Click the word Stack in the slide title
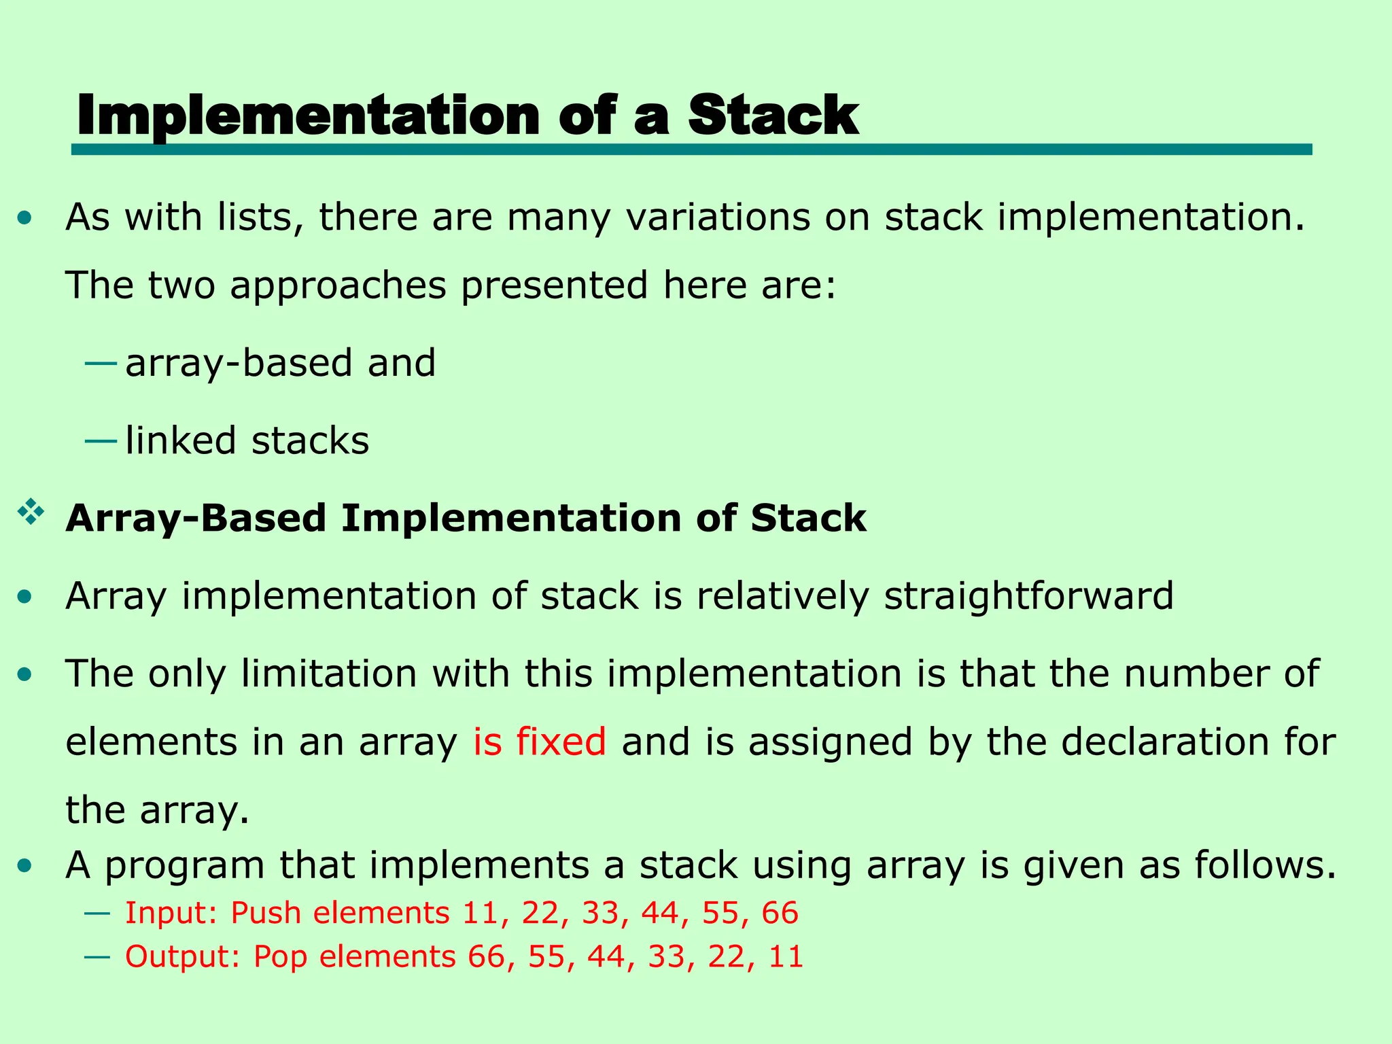pyautogui.click(x=773, y=116)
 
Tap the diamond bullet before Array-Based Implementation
pyautogui.click(x=31, y=512)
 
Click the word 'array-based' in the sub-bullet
pyautogui.click(x=239, y=363)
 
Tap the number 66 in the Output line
pyautogui.click(x=487, y=957)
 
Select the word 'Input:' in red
pyautogui.click(x=171, y=913)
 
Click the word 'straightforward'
pyautogui.click(x=1028, y=596)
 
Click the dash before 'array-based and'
pyautogui.click(x=100, y=364)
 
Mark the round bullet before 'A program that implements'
pyautogui.click(x=25, y=866)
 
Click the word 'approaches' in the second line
pyautogui.click(x=338, y=285)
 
